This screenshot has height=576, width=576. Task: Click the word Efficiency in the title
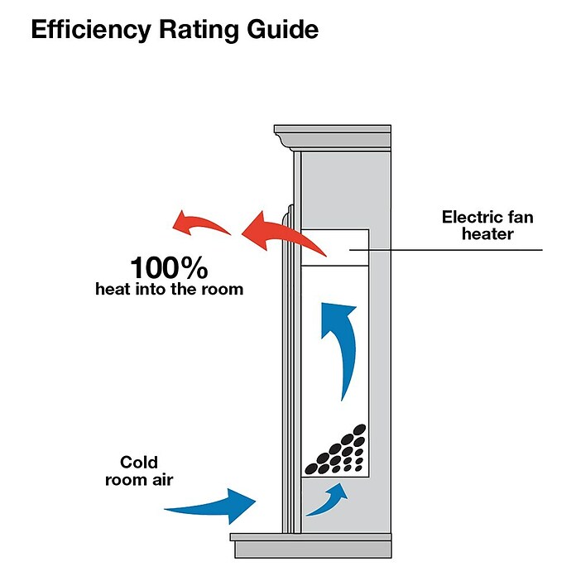[x=91, y=30]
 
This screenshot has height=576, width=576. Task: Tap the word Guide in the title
[x=282, y=29]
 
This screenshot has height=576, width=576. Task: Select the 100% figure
[x=170, y=268]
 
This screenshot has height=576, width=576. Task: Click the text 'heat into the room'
[x=170, y=289]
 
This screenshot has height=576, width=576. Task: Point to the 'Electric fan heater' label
[x=487, y=225]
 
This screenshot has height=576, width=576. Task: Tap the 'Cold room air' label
[x=139, y=471]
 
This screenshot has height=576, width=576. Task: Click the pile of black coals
[x=336, y=450]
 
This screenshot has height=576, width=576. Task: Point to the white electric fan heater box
[x=335, y=247]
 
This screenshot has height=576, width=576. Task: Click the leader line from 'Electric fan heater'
[x=445, y=250]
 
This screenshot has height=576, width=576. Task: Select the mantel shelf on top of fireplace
[x=333, y=137]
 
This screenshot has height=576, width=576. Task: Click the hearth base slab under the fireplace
[x=311, y=545]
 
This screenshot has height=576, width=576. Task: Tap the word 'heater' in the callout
[x=487, y=234]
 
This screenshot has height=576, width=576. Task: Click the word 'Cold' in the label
[x=139, y=462]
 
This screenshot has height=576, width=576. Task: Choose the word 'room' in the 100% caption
[x=224, y=290]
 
